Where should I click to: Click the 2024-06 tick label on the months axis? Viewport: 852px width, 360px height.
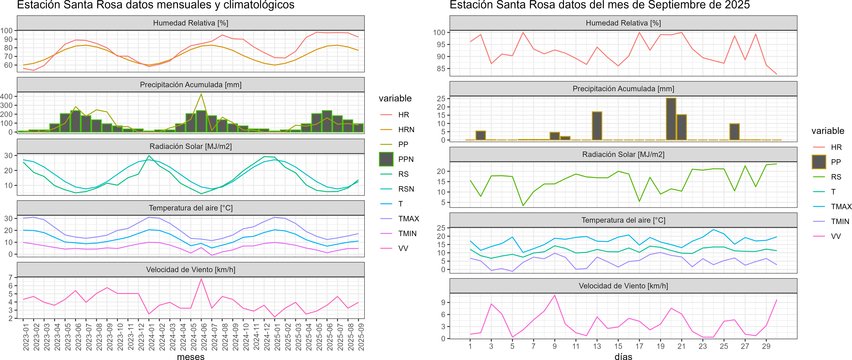point(204,337)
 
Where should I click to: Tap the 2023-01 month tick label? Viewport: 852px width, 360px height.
point(26,337)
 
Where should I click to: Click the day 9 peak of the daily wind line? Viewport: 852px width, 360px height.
point(555,295)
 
